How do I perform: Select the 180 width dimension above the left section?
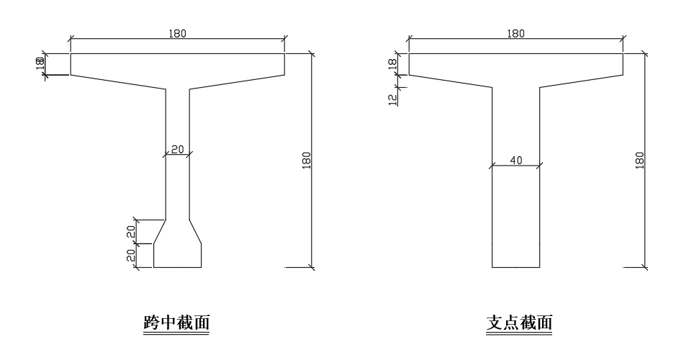[x=177, y=32]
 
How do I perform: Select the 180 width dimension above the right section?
[x=515, y=32]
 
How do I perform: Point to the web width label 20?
[x=177, y=149]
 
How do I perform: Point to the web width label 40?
[x=515, y=161]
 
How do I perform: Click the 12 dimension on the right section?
[x=393, y=99]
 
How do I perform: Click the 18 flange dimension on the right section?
[x=393, y=63]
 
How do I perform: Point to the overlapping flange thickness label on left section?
[x=40, y=63]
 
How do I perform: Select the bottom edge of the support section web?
[x=515, y=267]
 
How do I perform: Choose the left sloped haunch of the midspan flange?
[x=118, y=82]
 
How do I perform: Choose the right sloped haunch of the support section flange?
[x=582, y=80]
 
